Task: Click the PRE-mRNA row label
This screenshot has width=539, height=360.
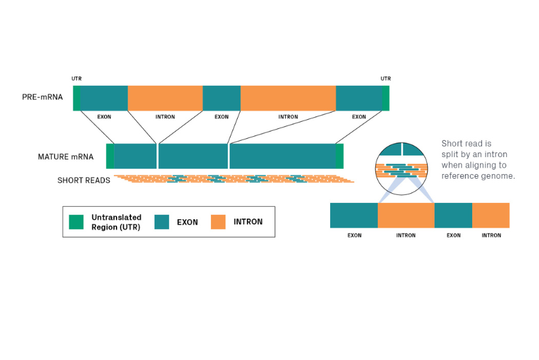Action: point(42,98)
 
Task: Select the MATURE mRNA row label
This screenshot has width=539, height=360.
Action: point(65,157)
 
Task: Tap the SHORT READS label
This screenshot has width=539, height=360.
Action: point(83,180)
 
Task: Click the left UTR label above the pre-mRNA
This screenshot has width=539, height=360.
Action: point(77,79)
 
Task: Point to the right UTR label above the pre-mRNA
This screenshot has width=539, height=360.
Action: point(386,79)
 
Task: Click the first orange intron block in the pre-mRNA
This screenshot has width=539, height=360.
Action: point(165,98)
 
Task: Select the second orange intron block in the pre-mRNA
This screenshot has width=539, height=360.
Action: point(288,98)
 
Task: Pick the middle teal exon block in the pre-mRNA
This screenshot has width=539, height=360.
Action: point(221,98)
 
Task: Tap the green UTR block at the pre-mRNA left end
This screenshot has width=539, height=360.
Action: point(77,98)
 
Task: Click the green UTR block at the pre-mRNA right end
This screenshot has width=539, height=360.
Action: point(386,98)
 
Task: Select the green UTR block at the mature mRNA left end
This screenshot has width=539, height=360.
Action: point(110,156)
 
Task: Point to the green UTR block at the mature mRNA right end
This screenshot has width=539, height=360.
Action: point(339,156)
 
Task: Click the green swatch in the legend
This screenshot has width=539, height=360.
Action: point(77,222)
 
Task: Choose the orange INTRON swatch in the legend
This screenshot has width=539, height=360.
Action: point(218,222)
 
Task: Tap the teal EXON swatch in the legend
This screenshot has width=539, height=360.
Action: point(162,222)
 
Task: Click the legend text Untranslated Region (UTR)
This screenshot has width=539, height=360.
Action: point(116,222)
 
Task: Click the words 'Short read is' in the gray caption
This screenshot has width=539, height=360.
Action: point(466,143)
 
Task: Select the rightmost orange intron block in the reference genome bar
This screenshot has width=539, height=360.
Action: point(491,215)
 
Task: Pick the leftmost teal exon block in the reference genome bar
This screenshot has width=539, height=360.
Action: point(354,215)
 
